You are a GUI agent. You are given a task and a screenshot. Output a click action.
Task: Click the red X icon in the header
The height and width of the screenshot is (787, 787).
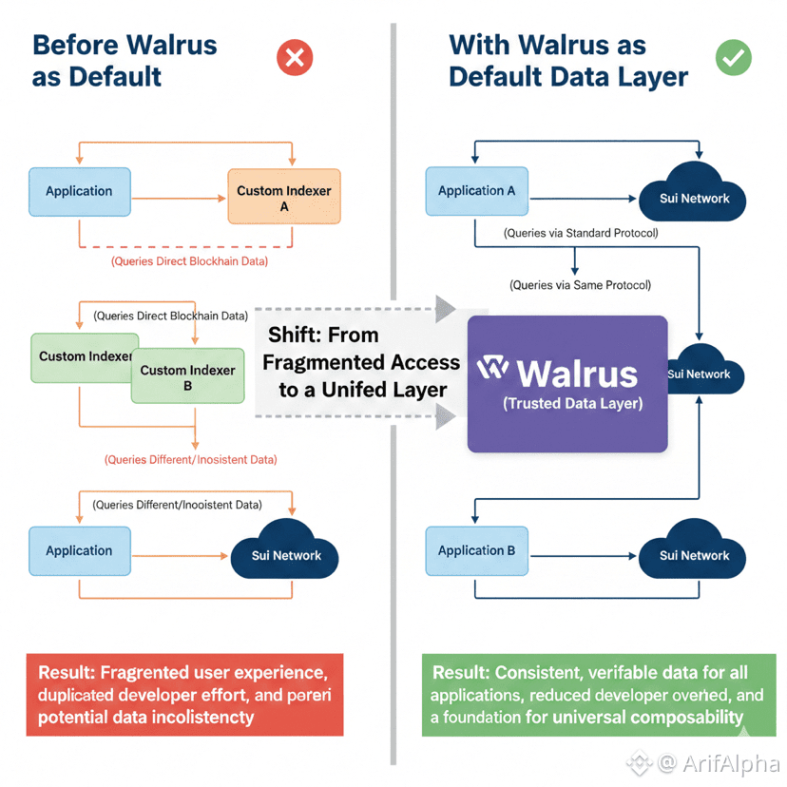[295, 59]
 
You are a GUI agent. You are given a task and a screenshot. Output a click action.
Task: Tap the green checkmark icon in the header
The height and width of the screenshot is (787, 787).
[733, 57]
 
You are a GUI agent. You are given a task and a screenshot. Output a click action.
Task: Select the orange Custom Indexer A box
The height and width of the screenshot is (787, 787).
[284, 197]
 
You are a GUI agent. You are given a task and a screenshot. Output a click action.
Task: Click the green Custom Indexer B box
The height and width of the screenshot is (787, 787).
[187, 377]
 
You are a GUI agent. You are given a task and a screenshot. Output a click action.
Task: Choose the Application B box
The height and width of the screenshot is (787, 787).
[476, 551]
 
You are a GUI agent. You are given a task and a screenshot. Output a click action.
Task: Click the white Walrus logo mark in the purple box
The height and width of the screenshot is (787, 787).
[493, 368]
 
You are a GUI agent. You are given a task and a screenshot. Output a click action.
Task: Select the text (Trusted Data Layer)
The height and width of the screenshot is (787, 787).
[572, 404]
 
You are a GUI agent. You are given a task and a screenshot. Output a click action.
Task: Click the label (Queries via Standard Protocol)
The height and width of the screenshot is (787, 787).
[581, 233]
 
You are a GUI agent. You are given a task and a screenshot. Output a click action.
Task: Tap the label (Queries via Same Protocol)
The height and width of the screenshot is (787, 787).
[581, 284]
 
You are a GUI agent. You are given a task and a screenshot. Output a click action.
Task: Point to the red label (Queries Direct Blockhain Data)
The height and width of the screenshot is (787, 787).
[189, 260]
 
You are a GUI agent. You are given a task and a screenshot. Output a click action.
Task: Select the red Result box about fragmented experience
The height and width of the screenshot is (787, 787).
[184, 694]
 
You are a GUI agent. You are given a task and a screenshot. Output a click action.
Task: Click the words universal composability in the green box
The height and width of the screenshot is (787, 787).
[663, 718]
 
